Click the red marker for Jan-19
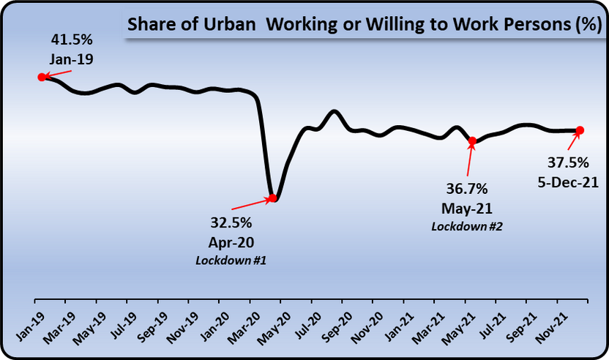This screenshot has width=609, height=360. click(42, 76)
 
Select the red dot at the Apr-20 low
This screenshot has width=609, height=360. click(272, 198)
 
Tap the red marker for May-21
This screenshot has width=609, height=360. click(472, 140)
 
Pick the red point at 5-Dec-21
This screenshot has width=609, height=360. click(579, 130)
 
